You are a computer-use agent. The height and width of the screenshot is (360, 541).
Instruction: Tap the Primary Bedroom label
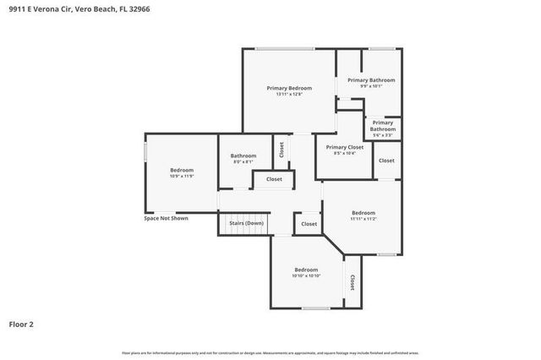[x=289, y=88]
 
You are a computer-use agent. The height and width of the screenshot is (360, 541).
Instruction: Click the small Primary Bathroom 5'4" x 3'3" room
[x=382, y=128]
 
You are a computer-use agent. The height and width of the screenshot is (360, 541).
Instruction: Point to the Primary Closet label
[x=345, y=147]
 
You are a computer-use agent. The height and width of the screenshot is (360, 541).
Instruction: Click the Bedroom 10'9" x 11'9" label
[x=182, y=170]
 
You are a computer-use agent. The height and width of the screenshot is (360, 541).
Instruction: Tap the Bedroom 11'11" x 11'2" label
[x=363, y=212]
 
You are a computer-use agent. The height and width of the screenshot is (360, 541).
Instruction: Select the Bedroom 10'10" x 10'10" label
[x=305, y=270]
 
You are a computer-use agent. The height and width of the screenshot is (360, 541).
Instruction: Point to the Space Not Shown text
[x=166, y=218]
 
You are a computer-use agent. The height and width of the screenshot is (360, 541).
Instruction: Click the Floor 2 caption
[x=22, y=324]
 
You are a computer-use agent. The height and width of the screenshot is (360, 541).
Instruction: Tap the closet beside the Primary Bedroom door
[x=281, y=150]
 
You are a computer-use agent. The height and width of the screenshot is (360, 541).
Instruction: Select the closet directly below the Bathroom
[x=274, y=179]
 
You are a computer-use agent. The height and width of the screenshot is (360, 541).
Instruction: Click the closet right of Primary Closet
[x=386, y=161]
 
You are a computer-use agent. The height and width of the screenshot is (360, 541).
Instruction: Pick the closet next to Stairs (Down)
[x=309, y=224]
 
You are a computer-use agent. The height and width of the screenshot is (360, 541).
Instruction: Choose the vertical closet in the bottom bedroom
[x=352, y=281]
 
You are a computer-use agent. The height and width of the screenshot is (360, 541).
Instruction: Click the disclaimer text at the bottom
[x=270, y=352]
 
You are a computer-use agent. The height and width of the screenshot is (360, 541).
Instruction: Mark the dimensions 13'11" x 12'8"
[x=289, y=94]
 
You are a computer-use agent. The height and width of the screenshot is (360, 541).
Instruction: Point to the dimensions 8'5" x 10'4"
[x=345, y=153]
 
